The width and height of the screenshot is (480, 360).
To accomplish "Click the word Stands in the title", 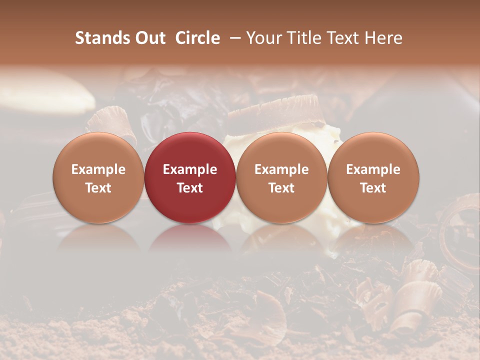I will [98, 38].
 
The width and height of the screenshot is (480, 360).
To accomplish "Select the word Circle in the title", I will [197, 38].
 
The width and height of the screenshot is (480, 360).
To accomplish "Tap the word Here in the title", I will [383, 38].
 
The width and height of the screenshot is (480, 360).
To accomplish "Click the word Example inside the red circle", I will [190, 169].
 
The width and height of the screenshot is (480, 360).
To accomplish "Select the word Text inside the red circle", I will [190, 188].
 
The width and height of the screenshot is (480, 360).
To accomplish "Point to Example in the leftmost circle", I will [98, 169].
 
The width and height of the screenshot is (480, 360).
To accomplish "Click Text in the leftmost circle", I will [98, 188].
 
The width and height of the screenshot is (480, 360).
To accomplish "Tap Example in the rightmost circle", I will [373, 169].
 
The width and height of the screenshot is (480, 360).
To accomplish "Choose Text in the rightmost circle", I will [373, 188].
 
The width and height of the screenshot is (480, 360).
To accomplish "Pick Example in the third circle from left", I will [281, 169].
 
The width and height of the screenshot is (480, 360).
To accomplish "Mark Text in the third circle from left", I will [281, 188].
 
